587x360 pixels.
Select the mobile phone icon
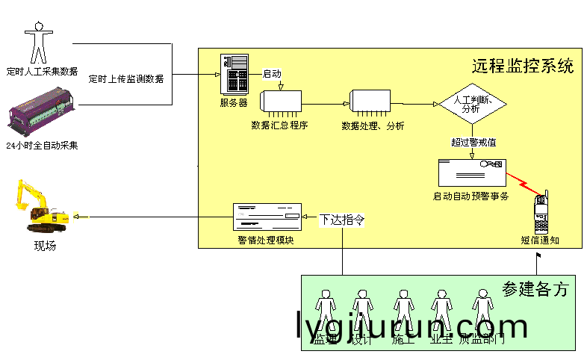click(x=542, y=214)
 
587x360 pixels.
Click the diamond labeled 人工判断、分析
click(x=472, y=104)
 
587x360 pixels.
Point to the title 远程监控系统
click(x=523, y=65)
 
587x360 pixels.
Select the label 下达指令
click(x=342, y=220)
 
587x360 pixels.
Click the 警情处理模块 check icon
click(x=267, y=217)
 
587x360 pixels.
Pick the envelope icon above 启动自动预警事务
click(x=471, y=173)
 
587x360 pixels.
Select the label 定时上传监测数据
click(x=126, y=78)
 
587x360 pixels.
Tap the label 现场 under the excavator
click(x=44, y=246)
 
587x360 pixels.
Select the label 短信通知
click(x=540, y=240)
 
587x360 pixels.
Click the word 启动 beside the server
click(x=272, y=74)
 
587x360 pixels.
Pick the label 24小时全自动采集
click(x=42, y=145)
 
